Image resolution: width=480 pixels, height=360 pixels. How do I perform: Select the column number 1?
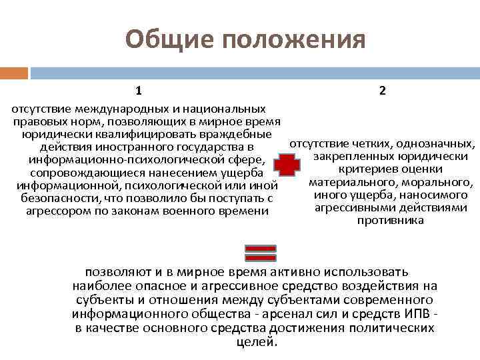tap(139, 90)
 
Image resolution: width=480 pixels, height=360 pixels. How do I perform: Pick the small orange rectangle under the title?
tap(14, 72)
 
